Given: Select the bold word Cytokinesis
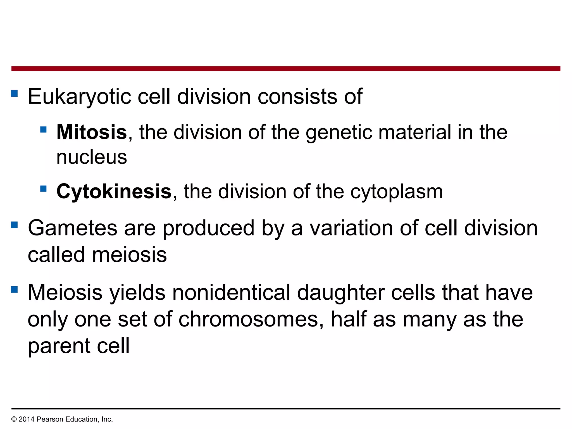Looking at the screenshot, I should click(114, 191).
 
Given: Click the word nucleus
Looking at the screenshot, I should click(92, 157).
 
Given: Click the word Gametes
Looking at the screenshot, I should click(73, 228).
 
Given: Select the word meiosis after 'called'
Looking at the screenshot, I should click(129, 255).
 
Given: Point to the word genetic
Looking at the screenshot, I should click(339, 132).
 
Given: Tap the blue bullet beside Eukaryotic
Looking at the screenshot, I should click(14, 93).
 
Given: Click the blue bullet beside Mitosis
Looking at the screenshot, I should click(43, 129).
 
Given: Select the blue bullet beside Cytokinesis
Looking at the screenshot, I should click(43, 189).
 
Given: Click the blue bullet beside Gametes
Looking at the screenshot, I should click(14, 225).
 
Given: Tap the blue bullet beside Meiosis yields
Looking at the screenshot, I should click(14, 289).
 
